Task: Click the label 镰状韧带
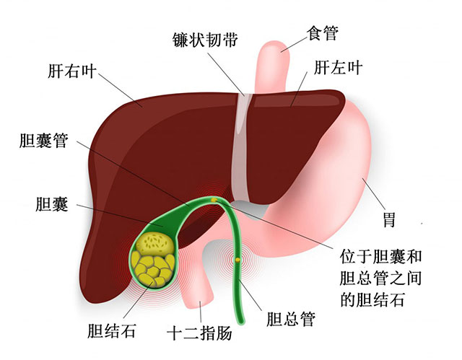[205, 40]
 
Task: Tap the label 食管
[323, 33]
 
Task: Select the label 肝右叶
[72, 71]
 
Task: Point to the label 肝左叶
[338, 67]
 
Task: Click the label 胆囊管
[44, 140]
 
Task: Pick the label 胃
[389, 219]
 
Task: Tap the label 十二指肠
[199, 333]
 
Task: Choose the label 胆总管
[290, 319]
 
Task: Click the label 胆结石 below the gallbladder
[112, 331]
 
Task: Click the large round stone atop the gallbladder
[155, 243]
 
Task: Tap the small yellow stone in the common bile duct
[237, 260]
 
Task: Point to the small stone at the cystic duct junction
[214, 200]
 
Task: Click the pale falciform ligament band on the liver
[242, 147]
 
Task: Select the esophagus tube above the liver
[271, 67]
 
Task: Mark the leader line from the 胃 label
[374, 193]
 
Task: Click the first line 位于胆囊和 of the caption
[380, 256]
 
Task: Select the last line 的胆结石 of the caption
[372, 299]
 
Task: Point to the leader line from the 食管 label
[294, 45]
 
